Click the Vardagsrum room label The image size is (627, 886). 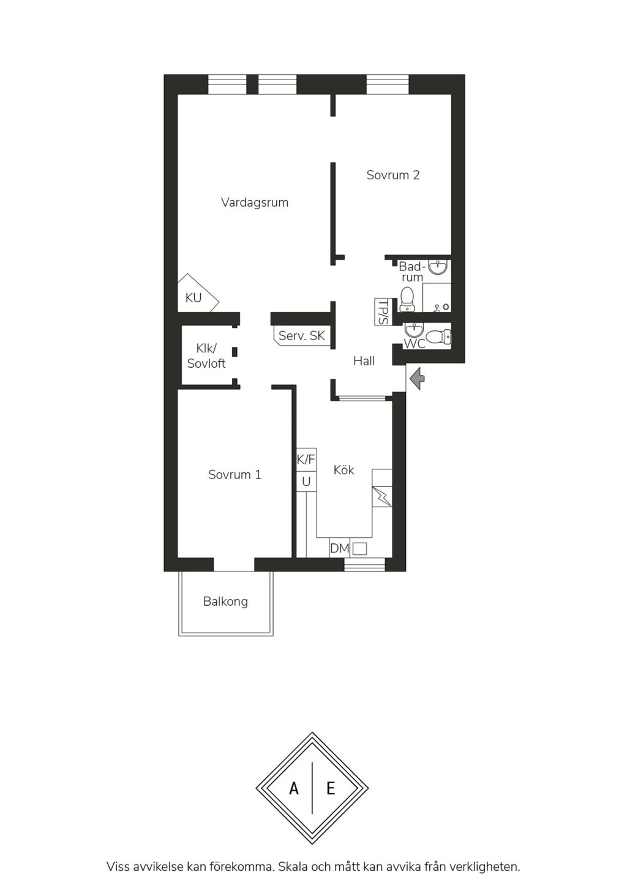(x=255, y=203)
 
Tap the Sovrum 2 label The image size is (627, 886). (x=392, y=175)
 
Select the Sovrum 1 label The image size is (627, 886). (x=235, y=474)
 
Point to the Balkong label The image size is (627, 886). (x=225, y=601)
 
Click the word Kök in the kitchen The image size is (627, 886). (x=344, y=470)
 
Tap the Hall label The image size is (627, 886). (x=364, y=361)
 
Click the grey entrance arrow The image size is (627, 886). (x=417, y=379)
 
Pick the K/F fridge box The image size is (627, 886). (x=306, y=460)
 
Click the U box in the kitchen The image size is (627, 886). (x=306, y=482)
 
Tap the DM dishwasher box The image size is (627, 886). (x=339, y=548)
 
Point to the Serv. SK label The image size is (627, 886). (x=302, y=336)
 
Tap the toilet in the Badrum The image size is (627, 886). (x=407, y=299)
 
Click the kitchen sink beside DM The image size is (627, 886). (x=360, y=548)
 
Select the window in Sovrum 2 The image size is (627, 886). (x=388, y=84)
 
